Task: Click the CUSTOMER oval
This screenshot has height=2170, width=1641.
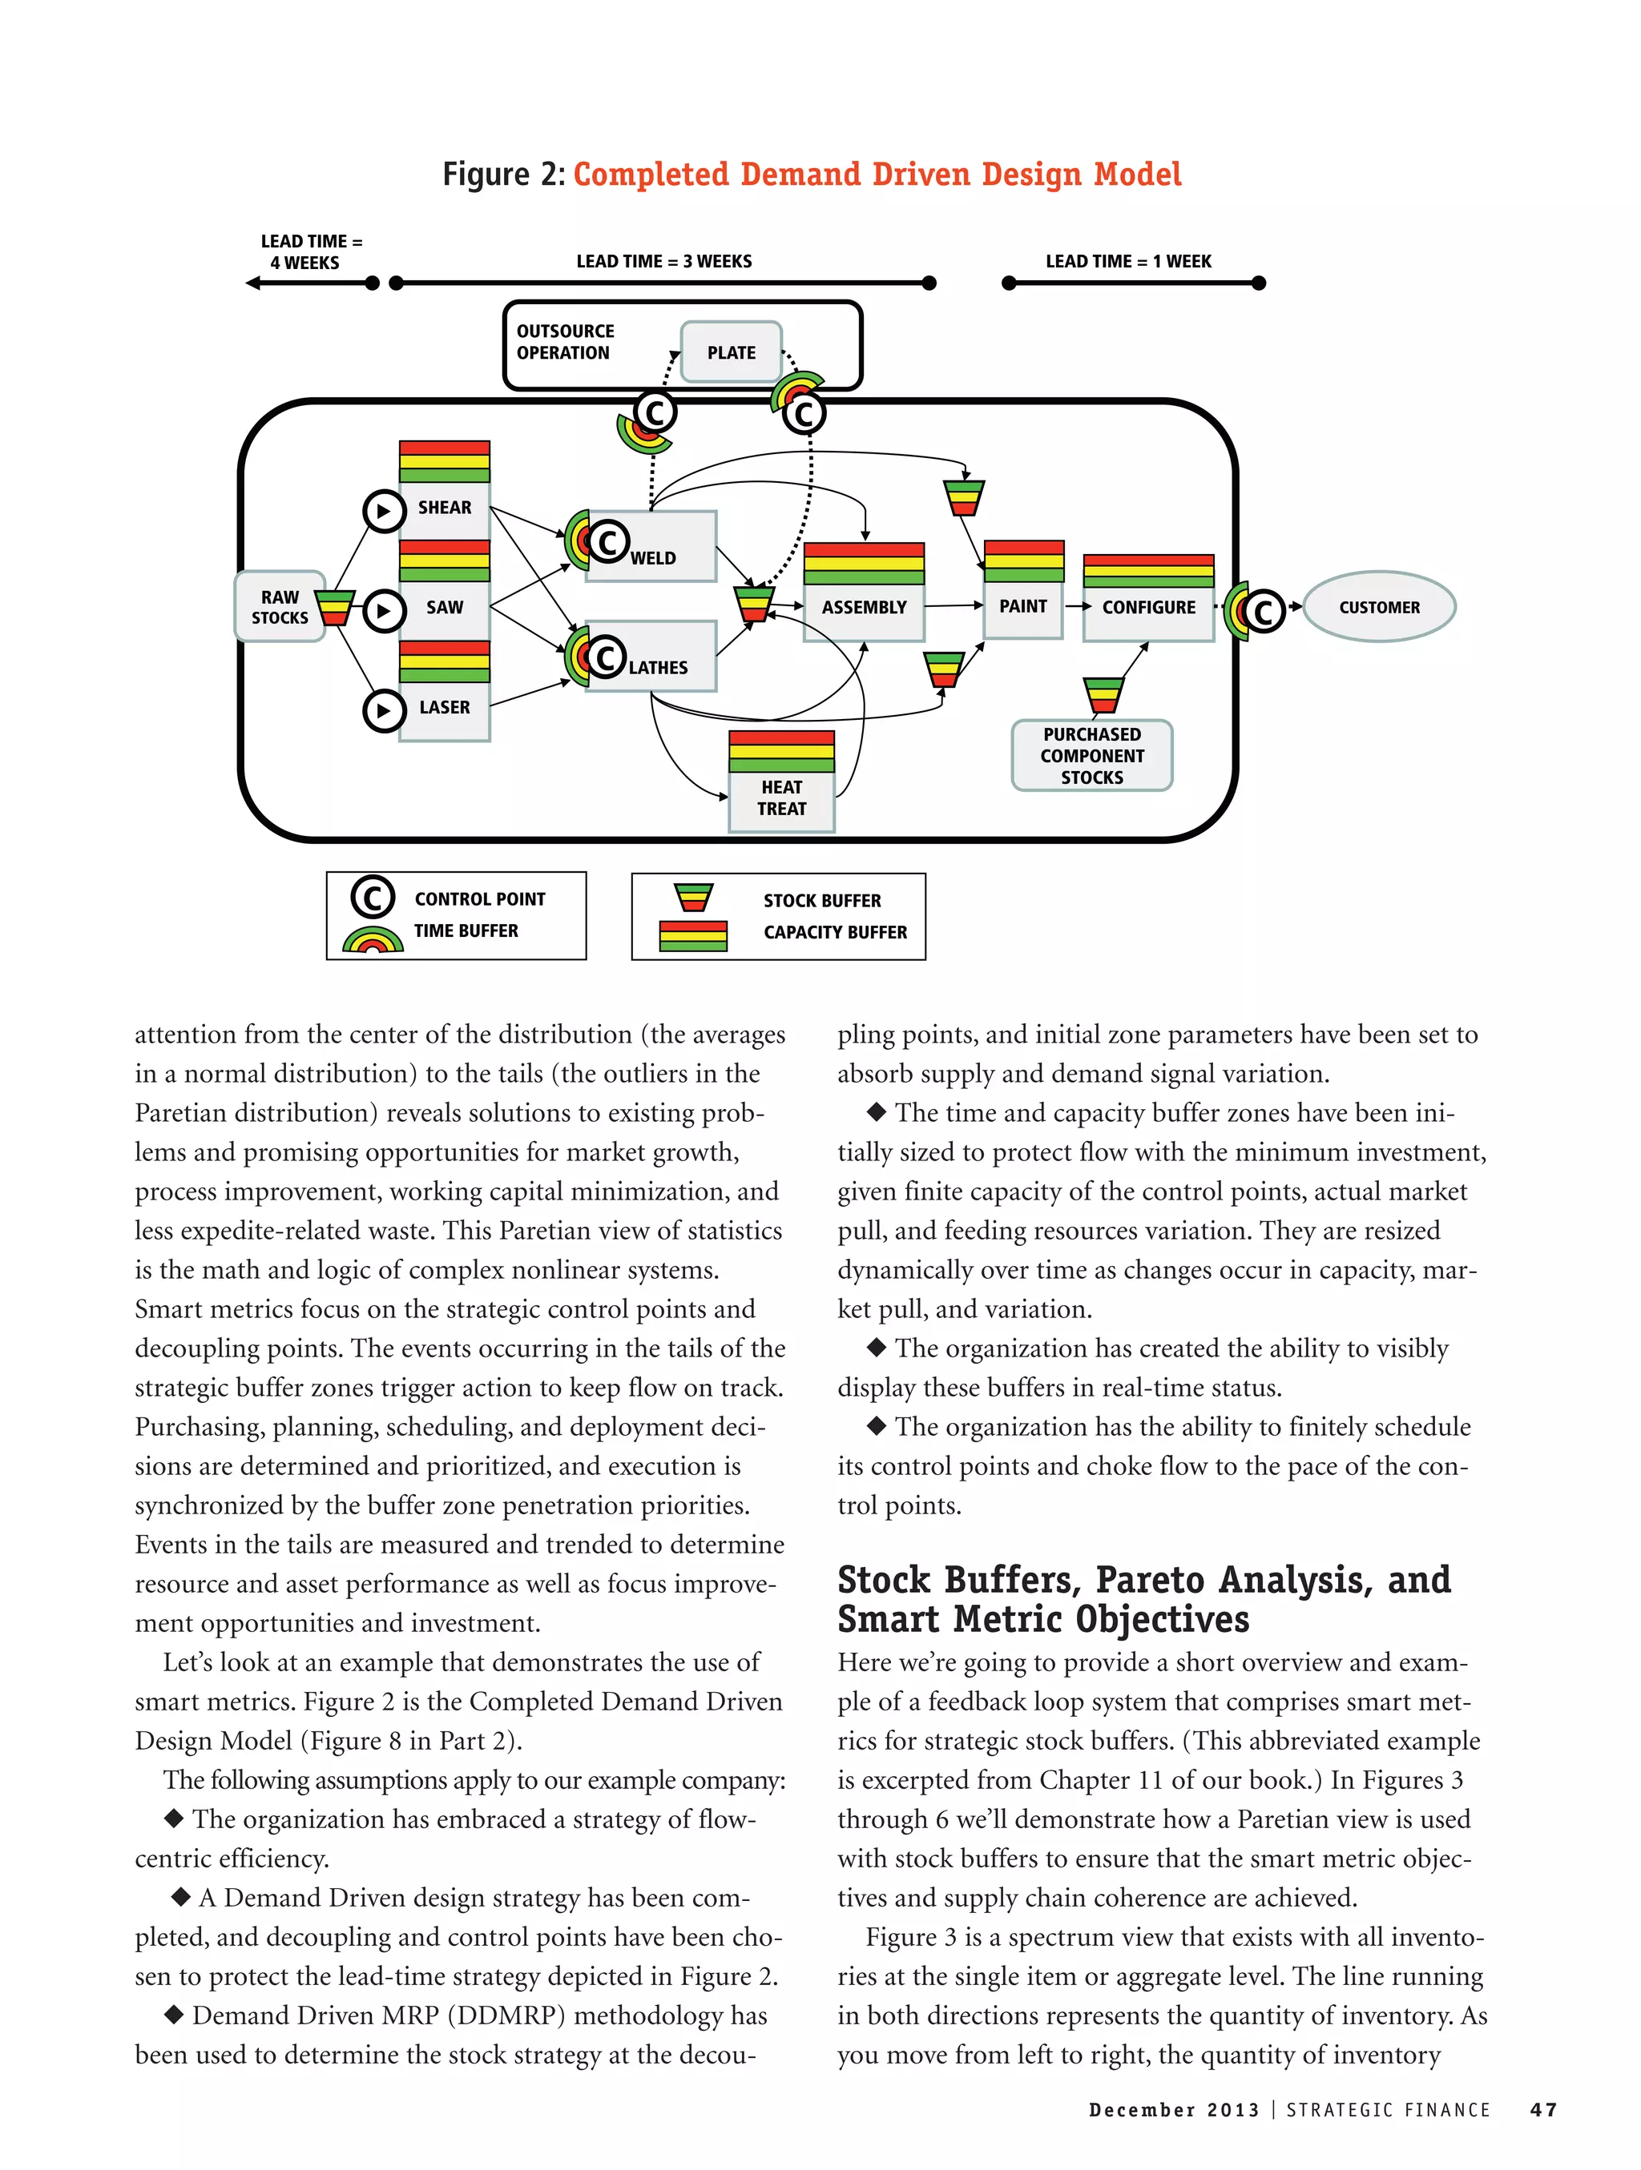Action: click(x=1378, y=607)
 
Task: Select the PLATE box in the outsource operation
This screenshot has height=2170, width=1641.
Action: click(x=732, y=352)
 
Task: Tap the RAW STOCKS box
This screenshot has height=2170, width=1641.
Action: click(x=279, y=607)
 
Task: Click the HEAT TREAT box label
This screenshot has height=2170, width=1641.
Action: click(x=781, y=798)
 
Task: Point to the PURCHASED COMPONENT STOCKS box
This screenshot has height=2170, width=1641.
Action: click(x=1091, y=755)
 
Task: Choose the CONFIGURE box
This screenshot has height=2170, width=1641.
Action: click(x=1148, y=607)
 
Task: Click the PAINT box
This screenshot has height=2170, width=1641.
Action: click(x=1022, y=606)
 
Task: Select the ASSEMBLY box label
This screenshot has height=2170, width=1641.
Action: click(x=864, y=607)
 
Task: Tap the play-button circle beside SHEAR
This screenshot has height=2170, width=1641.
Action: click(x=384, y=510)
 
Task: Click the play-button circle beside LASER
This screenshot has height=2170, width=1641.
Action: click(x=384, y=710)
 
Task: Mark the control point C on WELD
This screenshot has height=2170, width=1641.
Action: click(x=607, y=540)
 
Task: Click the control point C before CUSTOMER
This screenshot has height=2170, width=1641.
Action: click(x=1263, y=611)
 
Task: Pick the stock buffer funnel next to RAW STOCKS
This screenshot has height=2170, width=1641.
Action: click(x=336, y=607)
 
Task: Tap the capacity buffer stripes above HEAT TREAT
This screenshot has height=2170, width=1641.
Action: click(x=781, y=751)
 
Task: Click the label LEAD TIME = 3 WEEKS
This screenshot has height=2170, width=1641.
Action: click(x=663, y=261)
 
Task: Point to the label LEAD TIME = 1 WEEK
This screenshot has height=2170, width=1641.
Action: click(x=1127, y=261)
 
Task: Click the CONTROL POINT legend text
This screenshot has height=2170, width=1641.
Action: click(x=479, y=898)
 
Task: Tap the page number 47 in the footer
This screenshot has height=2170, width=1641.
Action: click(x=1543, y=2110)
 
